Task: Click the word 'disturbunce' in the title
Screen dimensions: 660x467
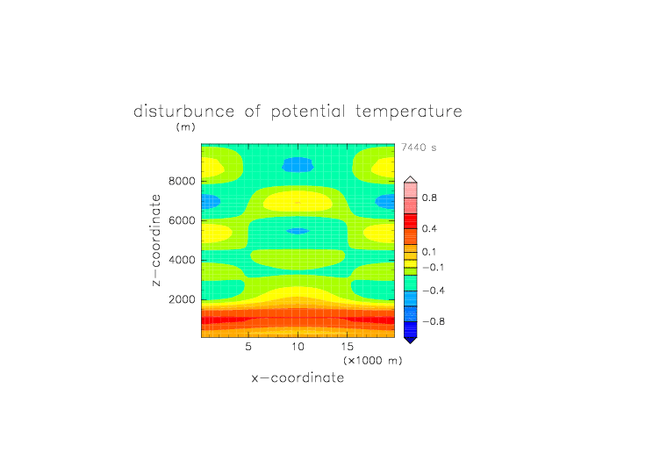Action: coord(183,111)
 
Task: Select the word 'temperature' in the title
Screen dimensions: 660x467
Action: coord(409,111)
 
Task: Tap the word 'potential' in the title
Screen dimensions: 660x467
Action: coord(308,111)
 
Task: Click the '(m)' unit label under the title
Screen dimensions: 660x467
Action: coord(186,126)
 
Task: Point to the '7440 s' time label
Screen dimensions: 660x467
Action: coord(419,147)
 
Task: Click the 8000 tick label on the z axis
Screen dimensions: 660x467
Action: coord(182,181)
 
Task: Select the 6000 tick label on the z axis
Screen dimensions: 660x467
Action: coord(182,220)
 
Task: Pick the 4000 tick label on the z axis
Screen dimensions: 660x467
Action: coord(182,260)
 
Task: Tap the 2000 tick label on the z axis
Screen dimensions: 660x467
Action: coord(182,299)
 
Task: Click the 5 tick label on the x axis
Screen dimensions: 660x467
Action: coord(248,347)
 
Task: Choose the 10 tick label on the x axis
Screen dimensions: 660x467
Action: coord(298,347)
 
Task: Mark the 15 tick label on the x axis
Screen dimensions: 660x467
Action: coord(347,347)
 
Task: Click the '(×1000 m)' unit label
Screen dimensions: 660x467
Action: coord(372,361)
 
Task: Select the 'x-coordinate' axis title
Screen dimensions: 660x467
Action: coord(298,377)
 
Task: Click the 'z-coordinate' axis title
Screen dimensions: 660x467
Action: coord(155,240)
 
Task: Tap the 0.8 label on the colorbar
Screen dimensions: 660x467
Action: coord(429,198)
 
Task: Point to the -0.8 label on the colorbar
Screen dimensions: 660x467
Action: coord(434,321)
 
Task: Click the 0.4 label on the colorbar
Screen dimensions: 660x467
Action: coord(429,228)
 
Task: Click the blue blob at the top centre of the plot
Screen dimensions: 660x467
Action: coord(298,165)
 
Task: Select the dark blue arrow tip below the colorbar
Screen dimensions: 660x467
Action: coord(411,341)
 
